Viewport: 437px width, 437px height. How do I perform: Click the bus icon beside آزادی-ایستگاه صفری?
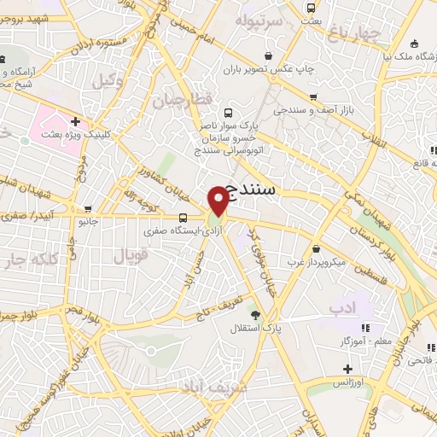[x=184, y=217]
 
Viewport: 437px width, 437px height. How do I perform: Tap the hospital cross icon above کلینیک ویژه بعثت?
[x=76, y=122]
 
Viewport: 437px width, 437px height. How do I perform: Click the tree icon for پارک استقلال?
[x=254, y=316]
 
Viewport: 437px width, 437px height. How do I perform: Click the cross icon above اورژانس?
[x=347, y=370]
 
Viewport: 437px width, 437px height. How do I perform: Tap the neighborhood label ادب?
[x=341, y=306]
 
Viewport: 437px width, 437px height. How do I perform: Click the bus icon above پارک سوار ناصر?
[x=227, y=112]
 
